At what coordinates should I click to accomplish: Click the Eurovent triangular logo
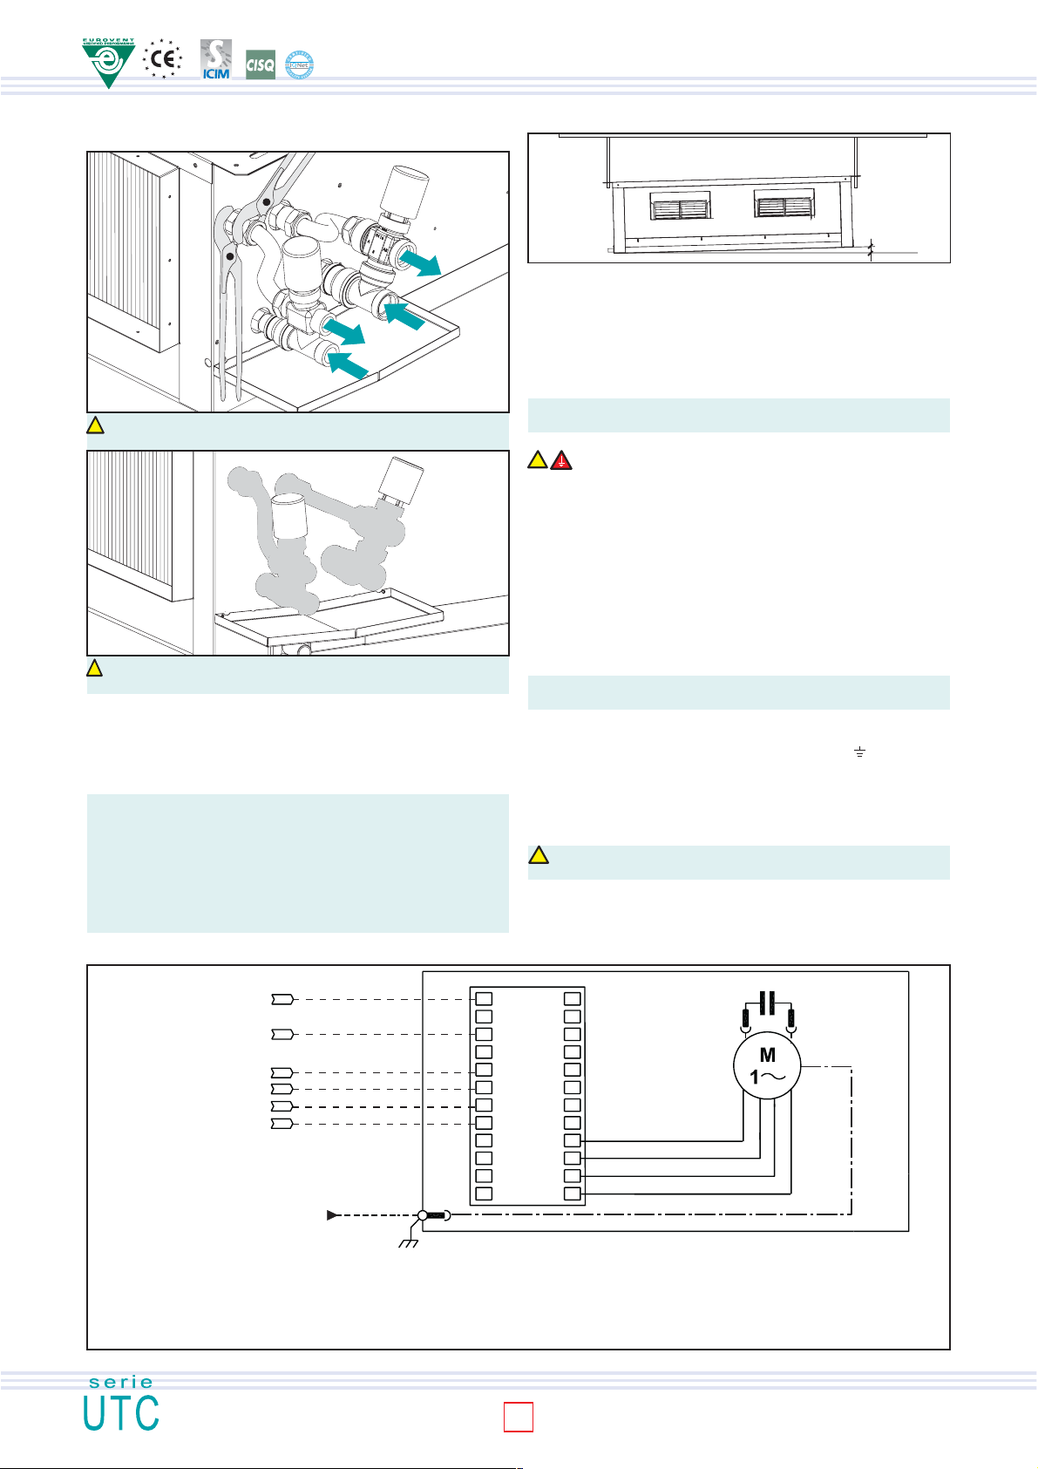pyautogui.click(x=108, y=62)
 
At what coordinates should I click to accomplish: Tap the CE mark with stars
pyautogui.click(x=162, y=59)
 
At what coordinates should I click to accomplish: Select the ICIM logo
pyautogui.click(x=215, y=59)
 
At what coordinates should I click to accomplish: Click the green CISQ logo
pyautogui.click(x=261, y=65)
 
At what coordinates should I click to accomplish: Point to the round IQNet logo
pyautogui.click(x=300, y=65)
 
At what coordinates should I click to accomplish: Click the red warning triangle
pyautogui.click(x=562, y=459)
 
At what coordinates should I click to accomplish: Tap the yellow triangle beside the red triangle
pyautogui.click(x=539, y=459)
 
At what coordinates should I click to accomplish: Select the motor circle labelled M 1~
pyautogui.click(x=767, y=1066)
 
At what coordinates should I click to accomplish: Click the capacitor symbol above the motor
pyautogui.click(x=767, y=1003)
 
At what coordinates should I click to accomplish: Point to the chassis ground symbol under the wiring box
pyautogui.click(x=408, y=1241)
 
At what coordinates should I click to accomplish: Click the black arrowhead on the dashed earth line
pyautogui.click(x=332, y=1215)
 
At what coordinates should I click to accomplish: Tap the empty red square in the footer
pyautogui.click(x=519, y=1417)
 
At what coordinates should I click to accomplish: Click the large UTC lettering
pyautogui.click(x=121, y=1413)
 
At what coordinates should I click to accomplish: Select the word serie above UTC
pyautogui.click(x=121, y=1382)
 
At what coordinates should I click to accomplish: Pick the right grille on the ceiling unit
pyautogui.click(x=784, y=207)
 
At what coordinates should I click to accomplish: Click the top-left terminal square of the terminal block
pyautogui.click(x=484, y=999)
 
